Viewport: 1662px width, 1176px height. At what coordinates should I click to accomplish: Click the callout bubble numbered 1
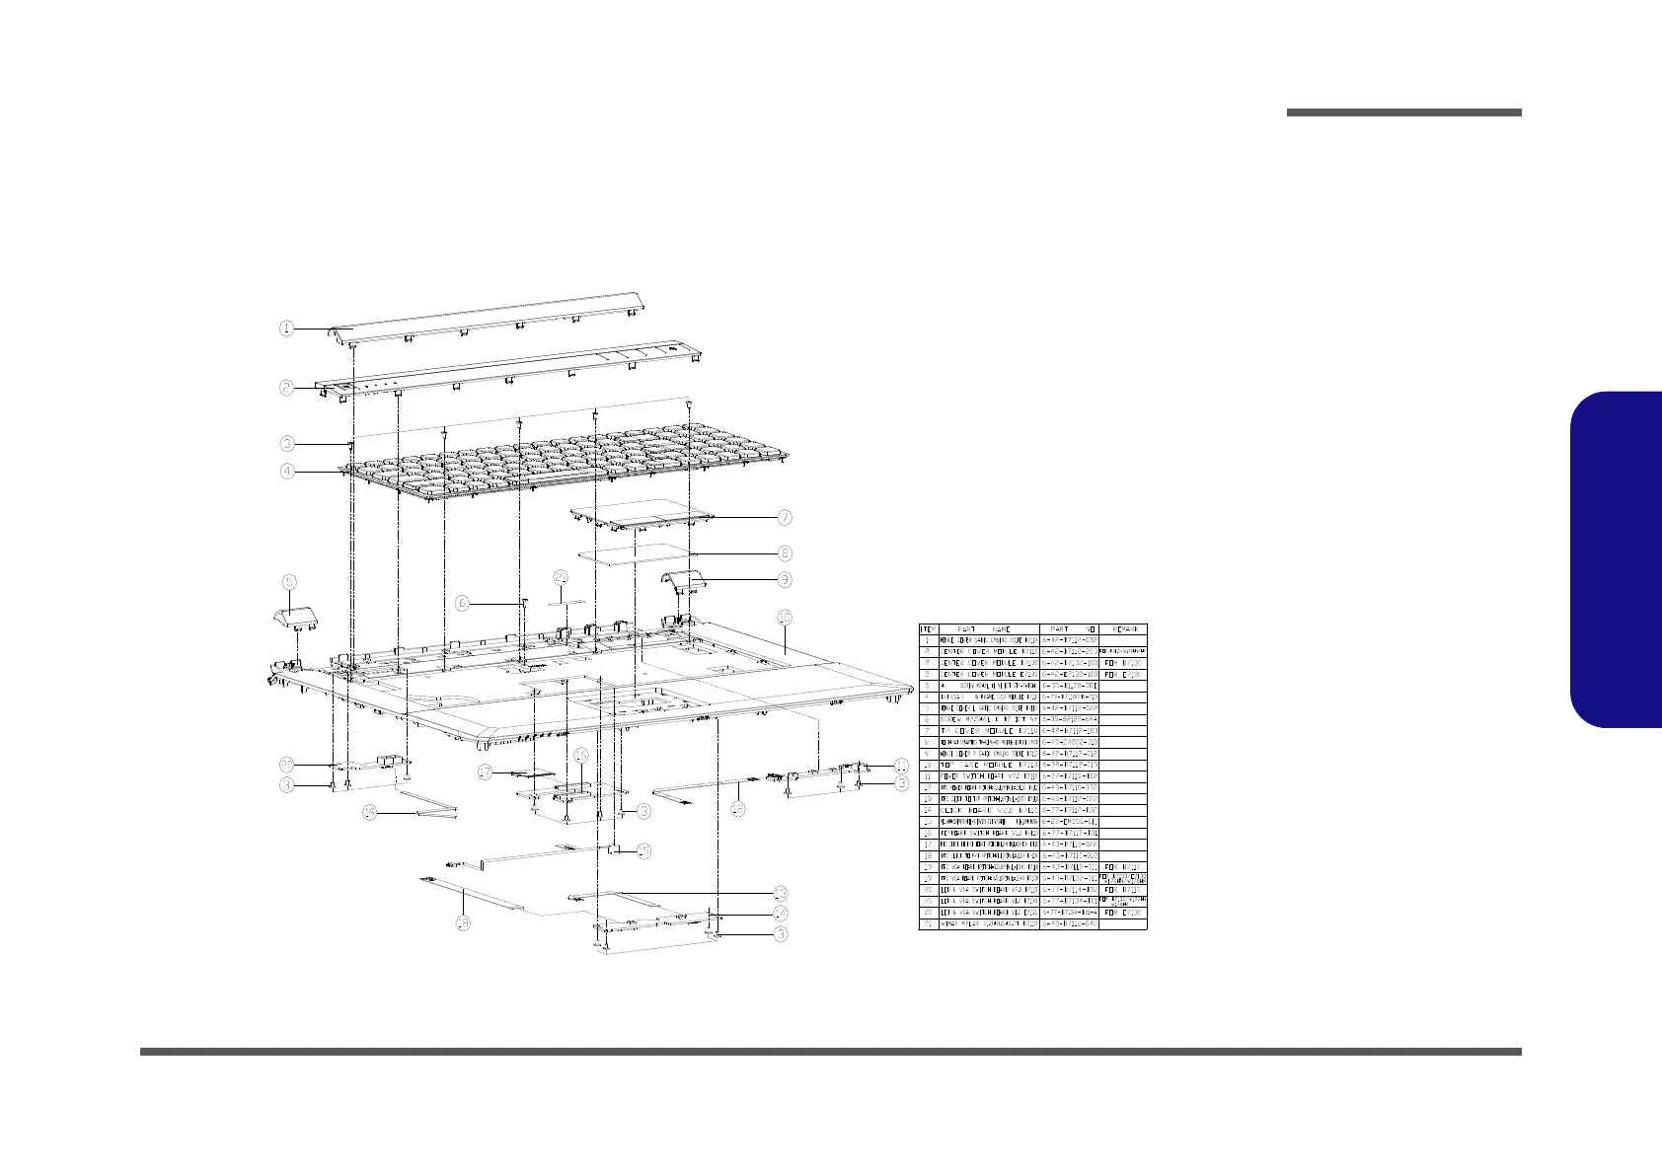pos(286,329)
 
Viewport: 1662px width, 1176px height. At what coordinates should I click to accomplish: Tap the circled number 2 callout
pos(286,388)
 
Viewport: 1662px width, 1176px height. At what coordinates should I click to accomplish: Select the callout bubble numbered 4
pos(286,472)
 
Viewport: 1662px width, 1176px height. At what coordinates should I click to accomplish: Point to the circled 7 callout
pos(785,517)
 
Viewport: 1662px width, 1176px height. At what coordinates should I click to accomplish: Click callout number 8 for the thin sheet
pos(785,553)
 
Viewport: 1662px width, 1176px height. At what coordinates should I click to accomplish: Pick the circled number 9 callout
pos(785,579)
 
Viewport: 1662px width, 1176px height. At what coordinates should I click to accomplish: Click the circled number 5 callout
pos(288,580)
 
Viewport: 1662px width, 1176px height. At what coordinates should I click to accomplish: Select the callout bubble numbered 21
pos(561,577)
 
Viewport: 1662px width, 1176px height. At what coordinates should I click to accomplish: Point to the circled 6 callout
pos(462,601)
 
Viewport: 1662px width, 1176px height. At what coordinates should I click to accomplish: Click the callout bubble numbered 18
pos(462,923)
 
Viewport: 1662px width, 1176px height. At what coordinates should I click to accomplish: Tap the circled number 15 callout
pos(643,850)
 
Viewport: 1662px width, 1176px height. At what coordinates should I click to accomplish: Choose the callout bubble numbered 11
pos(901,766)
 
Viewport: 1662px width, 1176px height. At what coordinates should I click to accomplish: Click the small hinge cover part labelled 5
pos(294,619)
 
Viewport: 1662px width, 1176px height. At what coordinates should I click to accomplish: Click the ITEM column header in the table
pos(928,628)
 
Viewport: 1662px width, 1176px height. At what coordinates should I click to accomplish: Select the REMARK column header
pos(1123,628)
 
